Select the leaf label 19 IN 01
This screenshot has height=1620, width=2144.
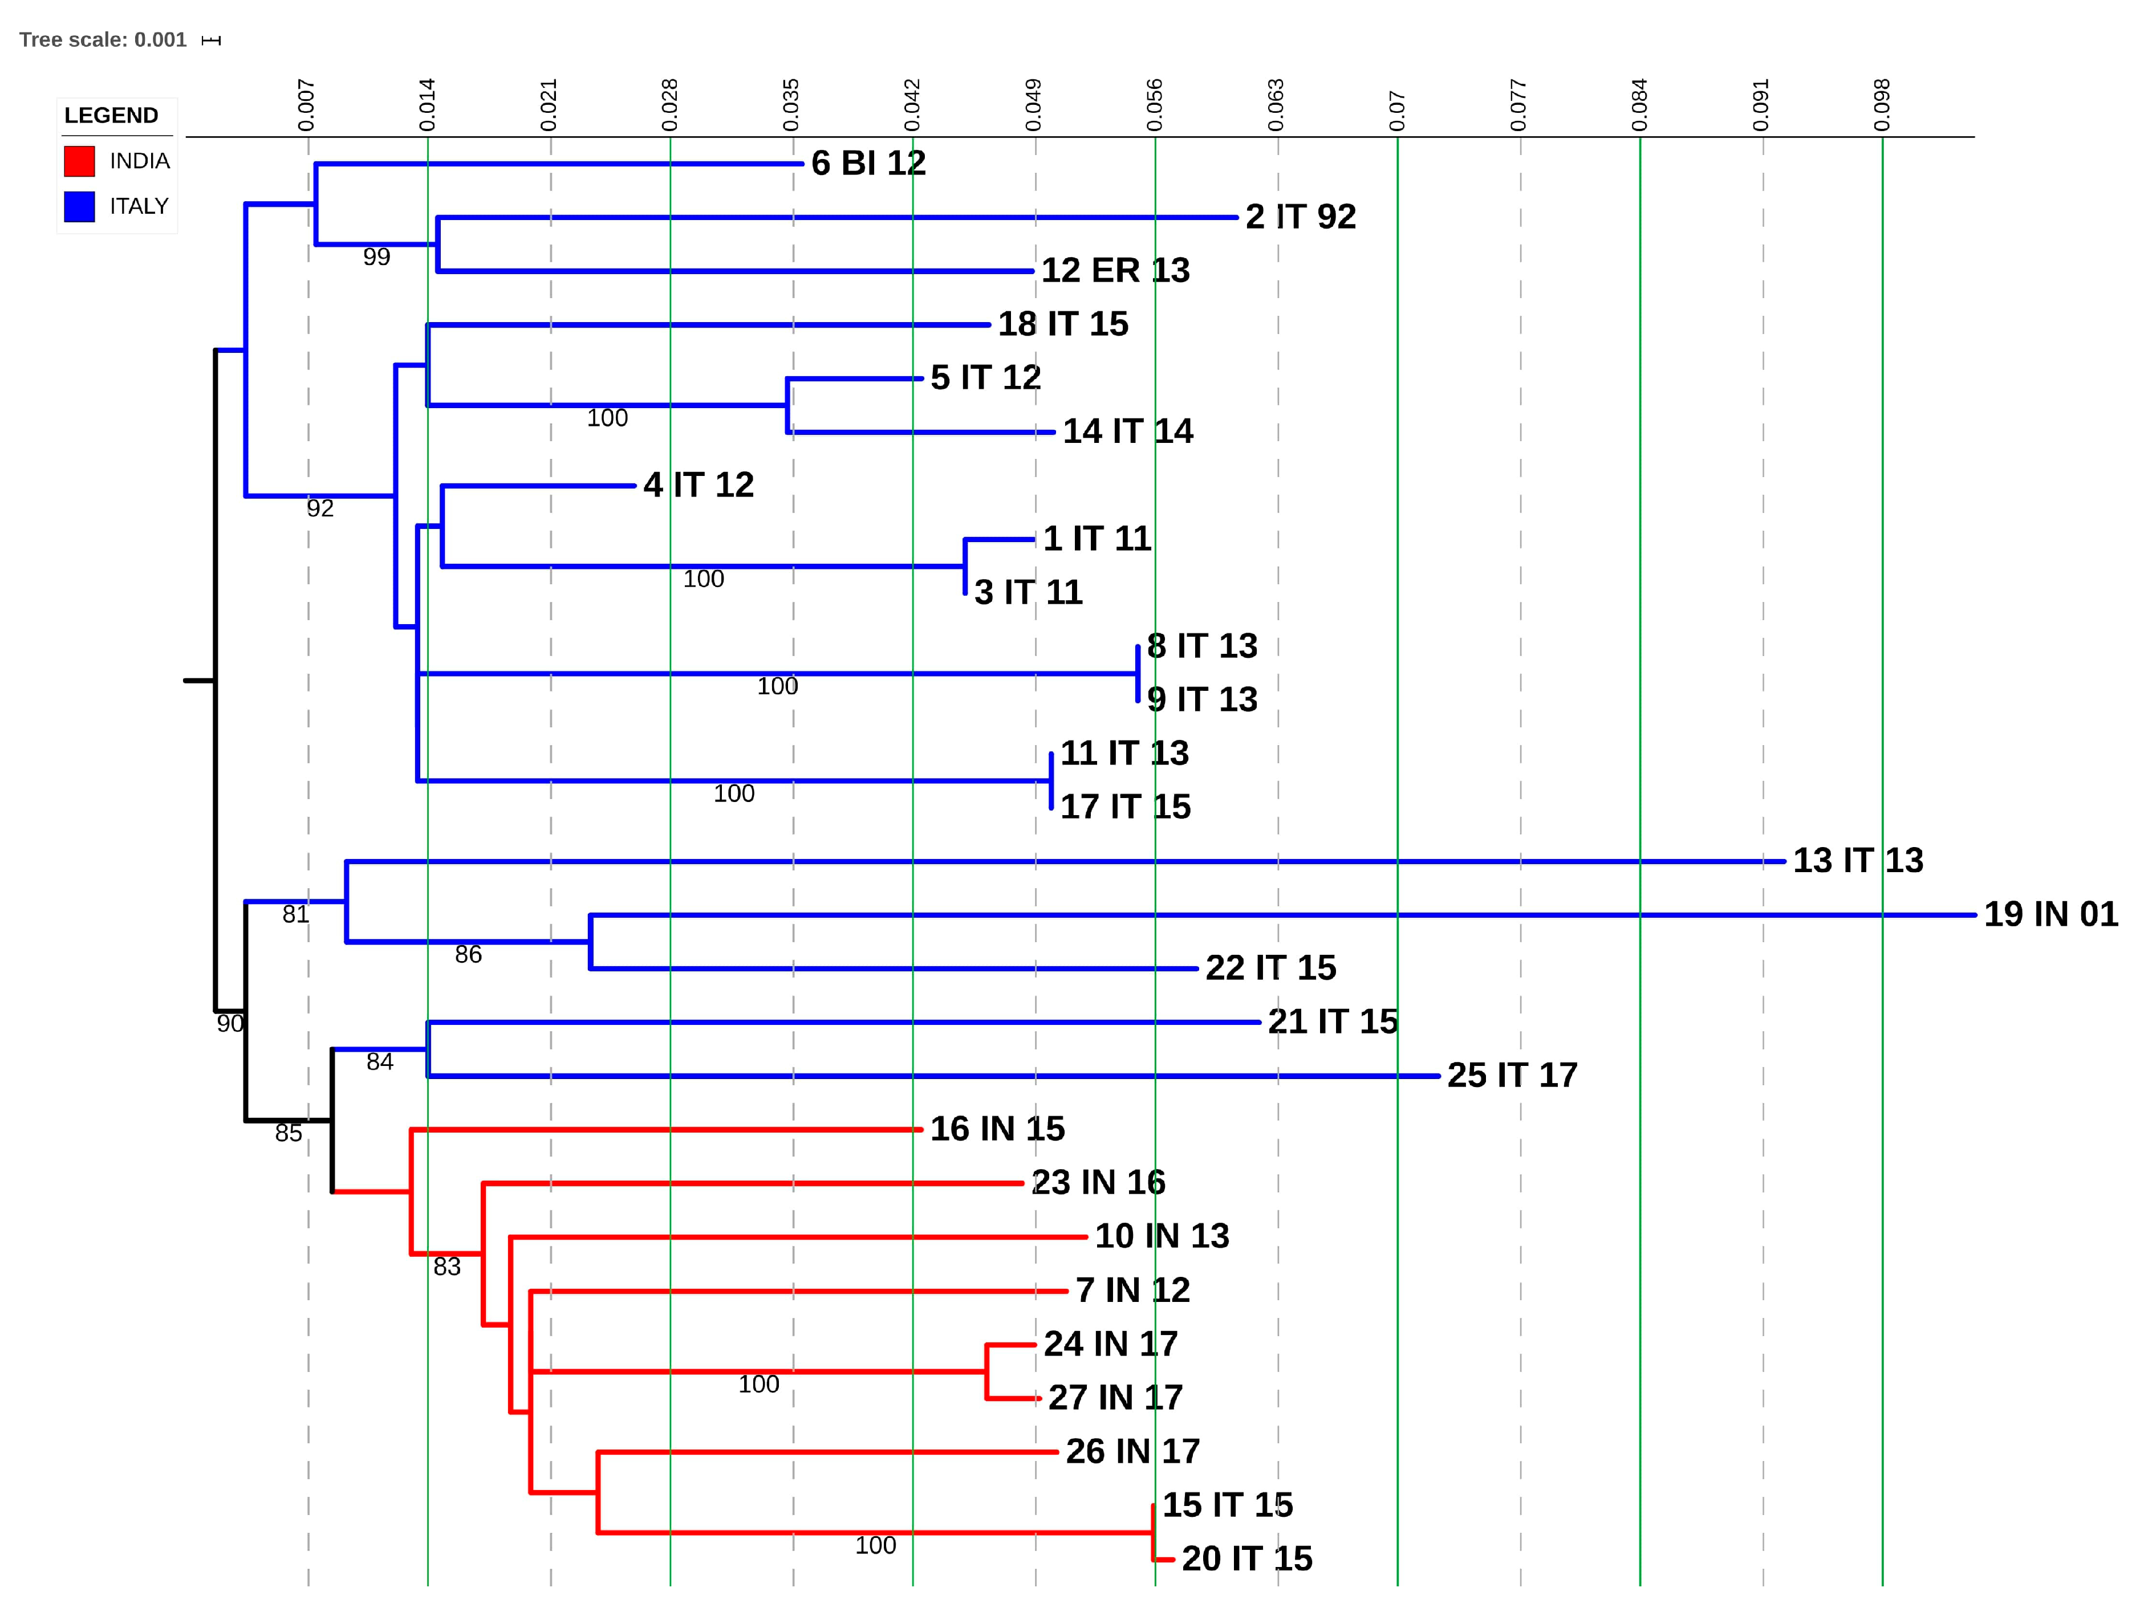click(x=2050, y=914)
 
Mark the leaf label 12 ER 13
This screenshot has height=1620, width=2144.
click(x=1115, y=270)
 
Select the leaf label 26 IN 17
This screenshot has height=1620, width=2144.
click(x=1132, y=1451)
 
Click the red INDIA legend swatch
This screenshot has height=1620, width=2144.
click(x=79, y=161)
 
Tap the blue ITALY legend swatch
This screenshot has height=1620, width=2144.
click(x=79, y=206)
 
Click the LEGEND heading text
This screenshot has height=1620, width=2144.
click(x=111, y=115)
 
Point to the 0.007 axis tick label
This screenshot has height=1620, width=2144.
click(x=306, y=105)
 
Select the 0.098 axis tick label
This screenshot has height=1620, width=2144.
click(x=1881, y=105)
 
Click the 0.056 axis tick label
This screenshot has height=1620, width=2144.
click(x=1154, y=105)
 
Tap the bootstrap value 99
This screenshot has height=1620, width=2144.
click(x=376, y=257)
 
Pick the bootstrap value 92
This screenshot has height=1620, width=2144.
click(x=320, y=508)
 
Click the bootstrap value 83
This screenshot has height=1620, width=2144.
click(x=447, y=1267)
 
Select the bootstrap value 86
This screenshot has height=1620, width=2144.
click(x=468, y=954)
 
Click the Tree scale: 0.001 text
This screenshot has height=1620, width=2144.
click(x=103, y=40)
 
